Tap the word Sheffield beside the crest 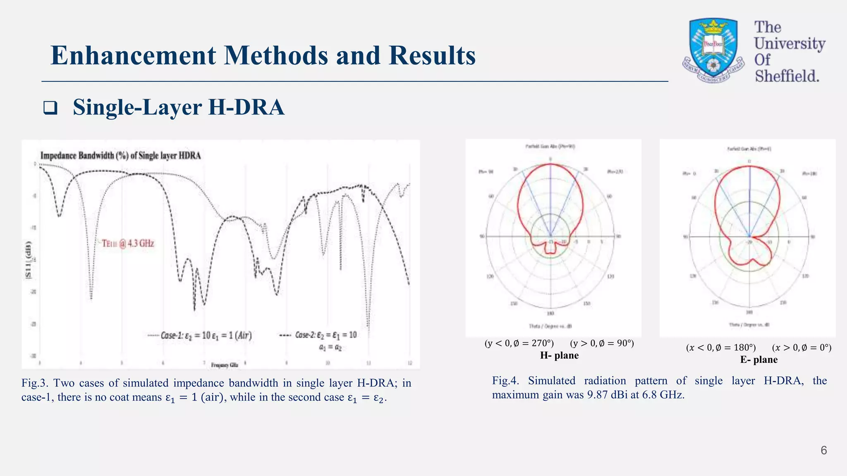point(787,76)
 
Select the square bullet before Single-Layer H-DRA point(50,108)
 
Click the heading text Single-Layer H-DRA point(179,107)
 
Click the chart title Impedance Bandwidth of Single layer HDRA point(120,156)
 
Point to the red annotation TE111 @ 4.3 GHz point(128,243)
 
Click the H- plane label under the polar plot point(559,355)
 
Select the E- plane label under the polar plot point(758,359)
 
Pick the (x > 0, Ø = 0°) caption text point(801,347)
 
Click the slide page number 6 point(823,450)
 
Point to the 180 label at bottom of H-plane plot point(550,314)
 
